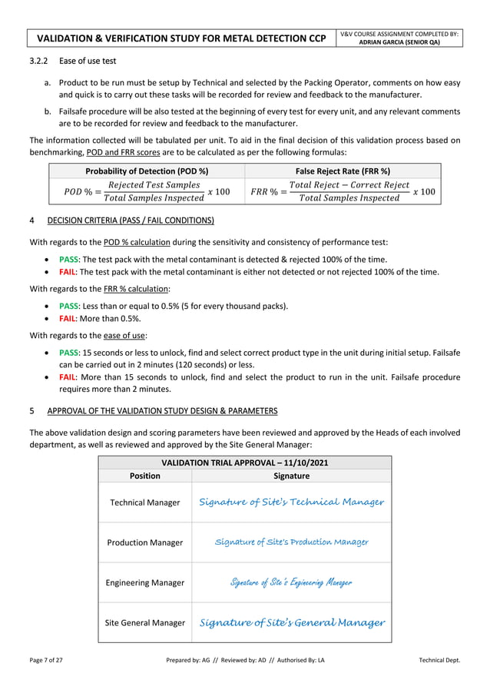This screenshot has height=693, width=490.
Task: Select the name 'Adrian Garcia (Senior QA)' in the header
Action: point(400,42)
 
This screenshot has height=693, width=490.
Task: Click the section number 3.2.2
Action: point(39,61)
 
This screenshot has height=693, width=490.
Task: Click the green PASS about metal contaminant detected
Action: point(69,259)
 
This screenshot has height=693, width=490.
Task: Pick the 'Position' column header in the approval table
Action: point(145,476)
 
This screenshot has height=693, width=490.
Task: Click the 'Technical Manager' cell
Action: point(145,502)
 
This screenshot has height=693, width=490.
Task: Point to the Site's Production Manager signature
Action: point(291,542)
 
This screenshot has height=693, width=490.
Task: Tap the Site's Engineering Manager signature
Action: point(291,582)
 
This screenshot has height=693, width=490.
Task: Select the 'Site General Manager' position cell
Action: point(145,622)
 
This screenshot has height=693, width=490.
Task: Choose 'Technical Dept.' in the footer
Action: point(439,661)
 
